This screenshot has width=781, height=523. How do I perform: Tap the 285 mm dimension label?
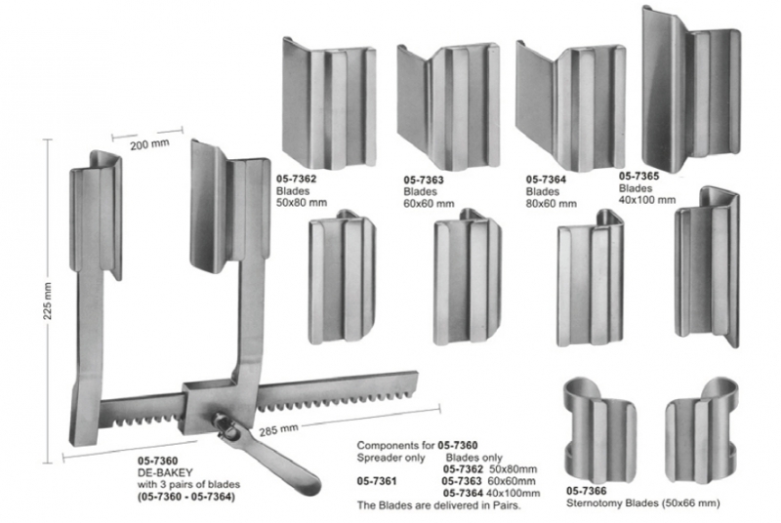point(280,429)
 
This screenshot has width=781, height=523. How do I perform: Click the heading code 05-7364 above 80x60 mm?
point(547,180)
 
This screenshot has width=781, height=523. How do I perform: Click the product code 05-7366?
point(588,491)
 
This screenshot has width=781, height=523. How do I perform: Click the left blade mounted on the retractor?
point(98,209)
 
